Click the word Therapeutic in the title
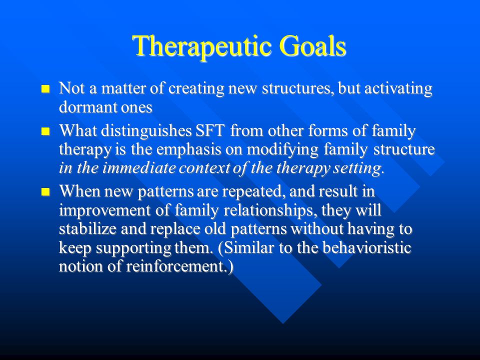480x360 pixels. point(202,46)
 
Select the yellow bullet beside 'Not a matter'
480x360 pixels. point(45,89)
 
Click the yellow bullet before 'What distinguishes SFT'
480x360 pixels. point(45,131)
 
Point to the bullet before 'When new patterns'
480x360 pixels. point(45,192)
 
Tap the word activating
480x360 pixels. point(398,89)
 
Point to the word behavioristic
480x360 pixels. point(366,247)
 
